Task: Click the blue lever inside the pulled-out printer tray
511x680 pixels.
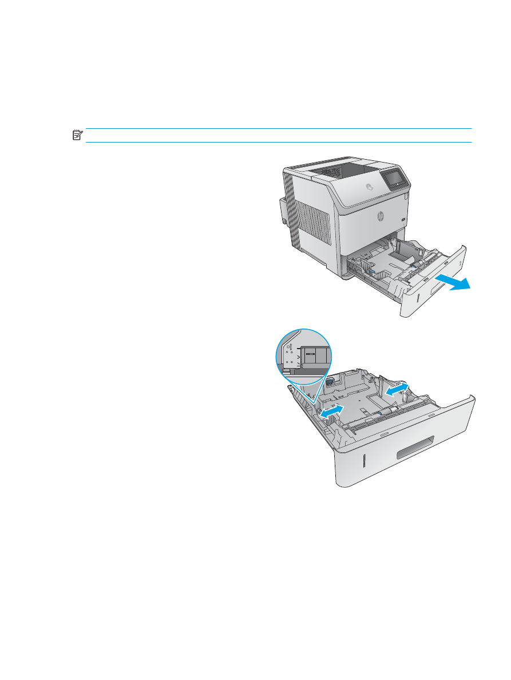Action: (370, 264)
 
